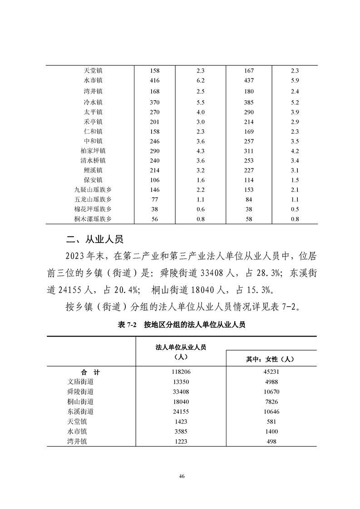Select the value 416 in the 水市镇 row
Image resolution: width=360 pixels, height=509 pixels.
[x=155, y=81]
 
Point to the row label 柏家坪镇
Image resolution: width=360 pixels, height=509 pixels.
[x=93, y=151]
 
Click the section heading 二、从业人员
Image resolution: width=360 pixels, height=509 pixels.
[x=94, y=239]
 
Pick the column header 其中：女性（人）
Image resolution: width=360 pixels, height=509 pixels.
[x=271, y=359]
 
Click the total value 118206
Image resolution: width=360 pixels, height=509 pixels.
[x=181, y=372]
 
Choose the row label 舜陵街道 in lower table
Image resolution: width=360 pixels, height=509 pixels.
[x=80, y=392]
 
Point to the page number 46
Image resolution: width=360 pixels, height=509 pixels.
[x=182, y=476]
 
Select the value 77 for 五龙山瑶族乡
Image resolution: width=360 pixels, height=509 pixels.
[x=155, y=199]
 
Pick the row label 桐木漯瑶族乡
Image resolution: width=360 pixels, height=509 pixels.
[x=93, y=219]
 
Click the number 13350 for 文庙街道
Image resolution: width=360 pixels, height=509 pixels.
[x=181, y=382]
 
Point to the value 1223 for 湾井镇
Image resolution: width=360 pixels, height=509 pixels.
[x=181, y=441]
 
